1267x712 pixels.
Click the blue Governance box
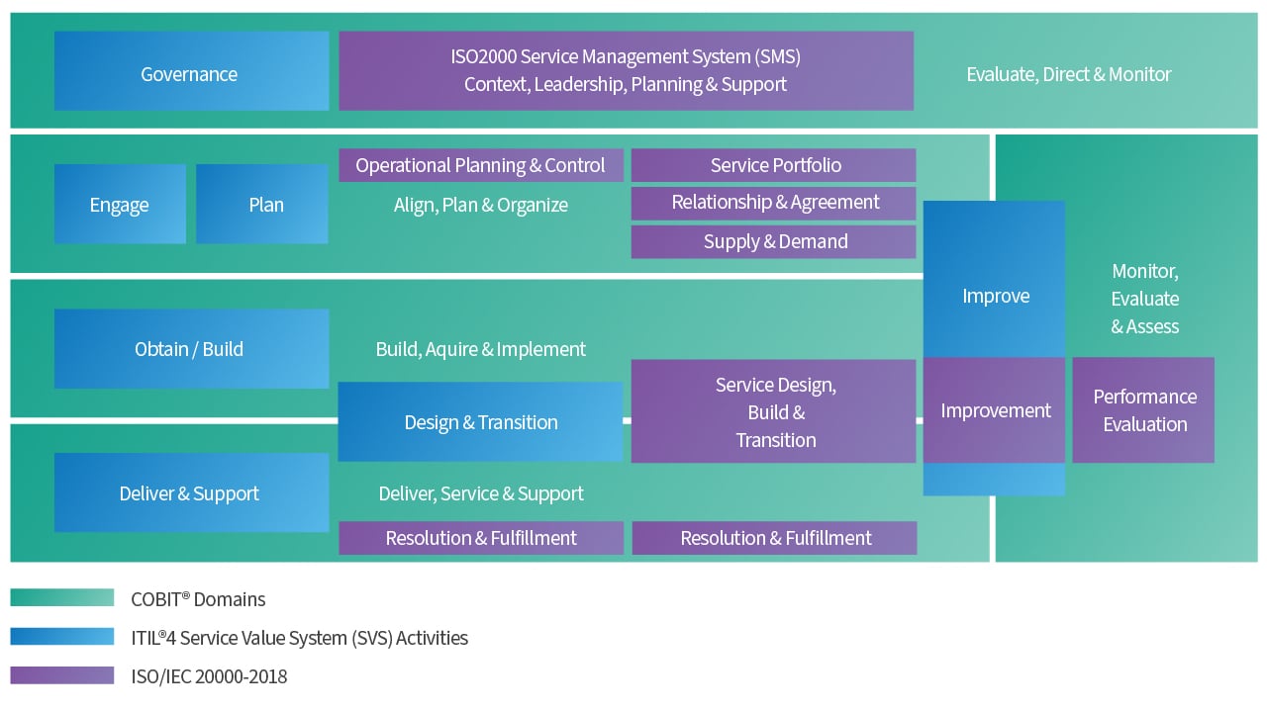tap(191, 71)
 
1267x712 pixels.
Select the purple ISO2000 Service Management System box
tap(626, 71)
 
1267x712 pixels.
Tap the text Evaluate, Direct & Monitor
tap(1068, 74)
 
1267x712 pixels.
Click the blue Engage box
tap(120, 205)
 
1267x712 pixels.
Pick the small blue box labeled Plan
tap(262, 205)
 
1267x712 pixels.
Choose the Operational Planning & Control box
tap(481, 165)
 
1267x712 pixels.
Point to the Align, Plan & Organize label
tap(481, 206)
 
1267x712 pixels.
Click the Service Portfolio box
tap(774, 165)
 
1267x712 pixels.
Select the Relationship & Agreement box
tap(774, 203)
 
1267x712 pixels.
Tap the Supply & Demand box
tap(774, 241)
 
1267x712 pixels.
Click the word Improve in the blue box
tap(995, 296)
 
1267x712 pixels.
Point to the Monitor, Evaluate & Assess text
tap(1144, 299)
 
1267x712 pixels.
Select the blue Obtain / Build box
tap(191, 349)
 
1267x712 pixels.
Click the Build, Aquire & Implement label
tap(481, 349)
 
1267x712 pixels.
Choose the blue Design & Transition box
tap(481, 422)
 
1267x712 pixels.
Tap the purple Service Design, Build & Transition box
tap(774, 411)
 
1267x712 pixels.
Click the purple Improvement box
tap(995, 410)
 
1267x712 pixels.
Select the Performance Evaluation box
tap(1143, 410)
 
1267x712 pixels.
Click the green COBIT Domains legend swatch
tap(62, 598)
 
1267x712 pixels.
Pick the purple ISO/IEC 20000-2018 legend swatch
tap(62, 676)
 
